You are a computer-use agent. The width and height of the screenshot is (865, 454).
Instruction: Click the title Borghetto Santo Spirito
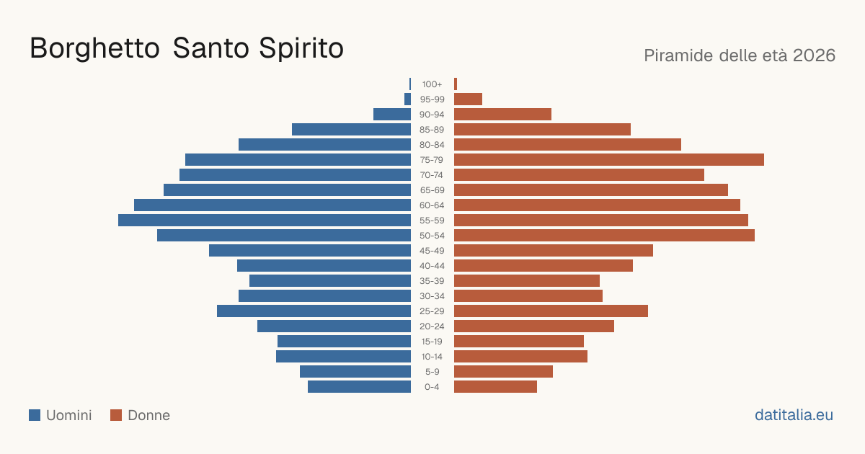pyautogui.click(x=187, y=49)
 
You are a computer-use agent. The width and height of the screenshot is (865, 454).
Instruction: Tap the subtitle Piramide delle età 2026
pyautogui.click(x=740, y=55)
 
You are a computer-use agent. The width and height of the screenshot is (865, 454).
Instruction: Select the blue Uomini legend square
pyautogui.click(x=35, y=415)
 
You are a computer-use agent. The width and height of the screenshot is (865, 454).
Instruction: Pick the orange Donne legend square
pyautogui.click(x=116, y=415)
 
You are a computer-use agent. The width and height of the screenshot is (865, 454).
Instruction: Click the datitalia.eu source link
pyautogui.click(x=794, y=415)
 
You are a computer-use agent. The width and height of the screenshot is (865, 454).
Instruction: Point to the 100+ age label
pyautogui.click(x=432, y=84)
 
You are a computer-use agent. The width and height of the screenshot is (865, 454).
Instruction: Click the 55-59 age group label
pyautogui.click(x=432, y=221)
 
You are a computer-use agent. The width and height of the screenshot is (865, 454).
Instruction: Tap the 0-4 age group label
pyautogui.click(x=432, y=387)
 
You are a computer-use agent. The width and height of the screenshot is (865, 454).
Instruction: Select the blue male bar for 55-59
pyautogui.click(x=265, y=221)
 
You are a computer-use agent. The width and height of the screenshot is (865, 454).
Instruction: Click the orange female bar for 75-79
pyautogui.click(x=609, y=160)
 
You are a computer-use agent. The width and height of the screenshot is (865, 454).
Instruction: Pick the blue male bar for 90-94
pyautogui.click(x=392, y=115)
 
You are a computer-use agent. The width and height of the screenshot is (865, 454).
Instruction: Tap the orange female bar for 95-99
pyautogui.click(x=468, y=99)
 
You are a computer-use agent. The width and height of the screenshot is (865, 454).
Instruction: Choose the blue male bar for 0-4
pyautogui.click(x=359, y=387)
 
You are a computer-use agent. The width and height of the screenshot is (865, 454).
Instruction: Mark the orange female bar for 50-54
pyautogui.click(x=604, y=236)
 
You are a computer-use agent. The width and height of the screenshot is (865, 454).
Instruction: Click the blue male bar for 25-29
pyautogui.click(x=314, y=311)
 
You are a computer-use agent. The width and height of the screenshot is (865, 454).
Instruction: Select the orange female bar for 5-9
pyautogui.click(x=504, y=372)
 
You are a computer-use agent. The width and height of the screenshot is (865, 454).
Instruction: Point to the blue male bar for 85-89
pyautogui.click(x=352, y=129)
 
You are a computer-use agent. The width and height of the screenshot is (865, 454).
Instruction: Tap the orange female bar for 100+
pyautogui.click(x=456, y=84)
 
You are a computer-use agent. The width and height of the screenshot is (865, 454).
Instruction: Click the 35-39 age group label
pyautogui.click(x=432, y=281)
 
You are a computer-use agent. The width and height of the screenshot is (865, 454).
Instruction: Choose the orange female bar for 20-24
pyautogui.click(x=534, y=326)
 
